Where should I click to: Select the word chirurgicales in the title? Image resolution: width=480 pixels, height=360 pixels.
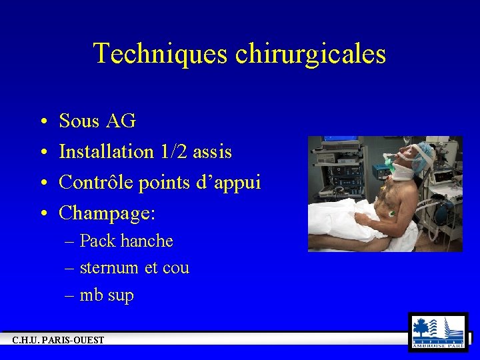click(x=310, y=53)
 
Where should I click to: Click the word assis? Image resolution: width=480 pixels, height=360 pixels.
click(x=212, y=152)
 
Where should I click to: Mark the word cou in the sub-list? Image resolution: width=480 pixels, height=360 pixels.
click(x=176, y=268)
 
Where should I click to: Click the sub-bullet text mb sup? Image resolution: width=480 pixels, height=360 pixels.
click(x=107, y=295)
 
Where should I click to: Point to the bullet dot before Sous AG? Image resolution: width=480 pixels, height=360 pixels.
click(x=42, y=122)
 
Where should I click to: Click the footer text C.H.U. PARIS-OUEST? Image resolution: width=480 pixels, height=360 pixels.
click(x=58, y=340)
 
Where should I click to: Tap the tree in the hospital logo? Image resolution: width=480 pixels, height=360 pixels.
click(x=421, y=327)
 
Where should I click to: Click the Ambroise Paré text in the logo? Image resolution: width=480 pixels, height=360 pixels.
click(x=438, y=345)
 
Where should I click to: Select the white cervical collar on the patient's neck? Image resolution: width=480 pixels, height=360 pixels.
click(x=403, y=173)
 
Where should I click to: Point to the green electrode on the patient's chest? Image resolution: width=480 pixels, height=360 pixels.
click(x=391, y=213)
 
